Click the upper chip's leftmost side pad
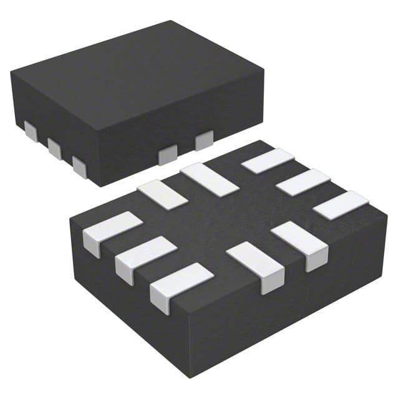pyautogui.click(x=29, y=129)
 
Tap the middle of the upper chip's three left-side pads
pyautogui.click(x=54, y=147)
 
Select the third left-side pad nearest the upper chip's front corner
pyautogui.click(x=79, y=166)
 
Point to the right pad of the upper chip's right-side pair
pyautogui.click(x=204, y=140)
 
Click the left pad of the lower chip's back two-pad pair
pyautogui.click(x=162, y=194)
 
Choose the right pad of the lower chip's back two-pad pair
pyautogui.click(x=209, y=178)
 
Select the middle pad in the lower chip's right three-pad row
pyautogui.click(x=303, y=181)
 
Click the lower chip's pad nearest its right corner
pyautogui.click(x=340, y=204)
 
